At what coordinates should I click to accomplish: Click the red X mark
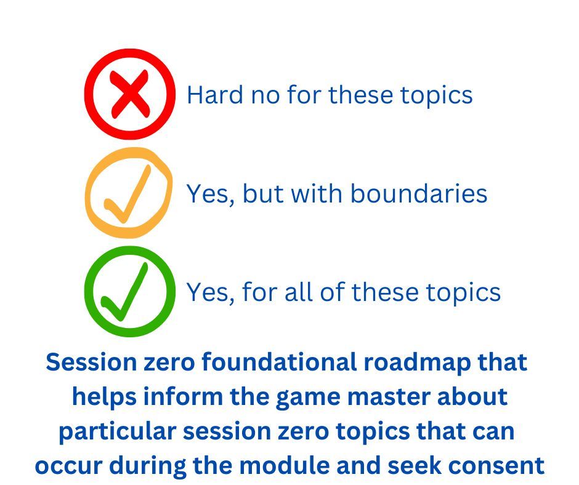(x=130, y=95)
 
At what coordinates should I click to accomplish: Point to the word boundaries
(x=418, y=193)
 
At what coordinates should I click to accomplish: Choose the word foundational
(x=279, y=362)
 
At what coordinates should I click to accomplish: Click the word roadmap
(x=417, y=363)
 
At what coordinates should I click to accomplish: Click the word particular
(x=117, y=431)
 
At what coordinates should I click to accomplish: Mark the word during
(x=147, y=466)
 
